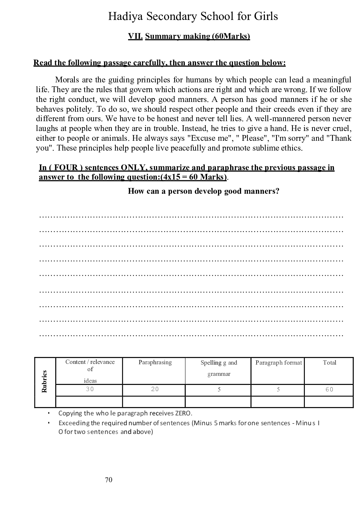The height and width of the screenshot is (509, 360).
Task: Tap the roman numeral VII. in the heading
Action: [135, 36]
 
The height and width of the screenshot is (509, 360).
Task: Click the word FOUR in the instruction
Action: [66, 168]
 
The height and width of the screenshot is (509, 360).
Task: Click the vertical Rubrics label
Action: [45, 381]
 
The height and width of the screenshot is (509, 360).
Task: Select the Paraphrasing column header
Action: [155, 362]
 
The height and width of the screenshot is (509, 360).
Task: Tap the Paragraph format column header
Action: [278, 362]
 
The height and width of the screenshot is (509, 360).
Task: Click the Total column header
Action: [330, 362]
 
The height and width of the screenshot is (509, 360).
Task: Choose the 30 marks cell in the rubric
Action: [90, 389]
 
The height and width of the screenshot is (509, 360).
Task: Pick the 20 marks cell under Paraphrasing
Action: [155, 389]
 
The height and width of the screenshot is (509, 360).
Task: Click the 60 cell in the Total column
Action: [329, 390]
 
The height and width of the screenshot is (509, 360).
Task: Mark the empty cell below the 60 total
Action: [329, 402]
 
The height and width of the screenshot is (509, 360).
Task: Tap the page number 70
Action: [109, 480]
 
